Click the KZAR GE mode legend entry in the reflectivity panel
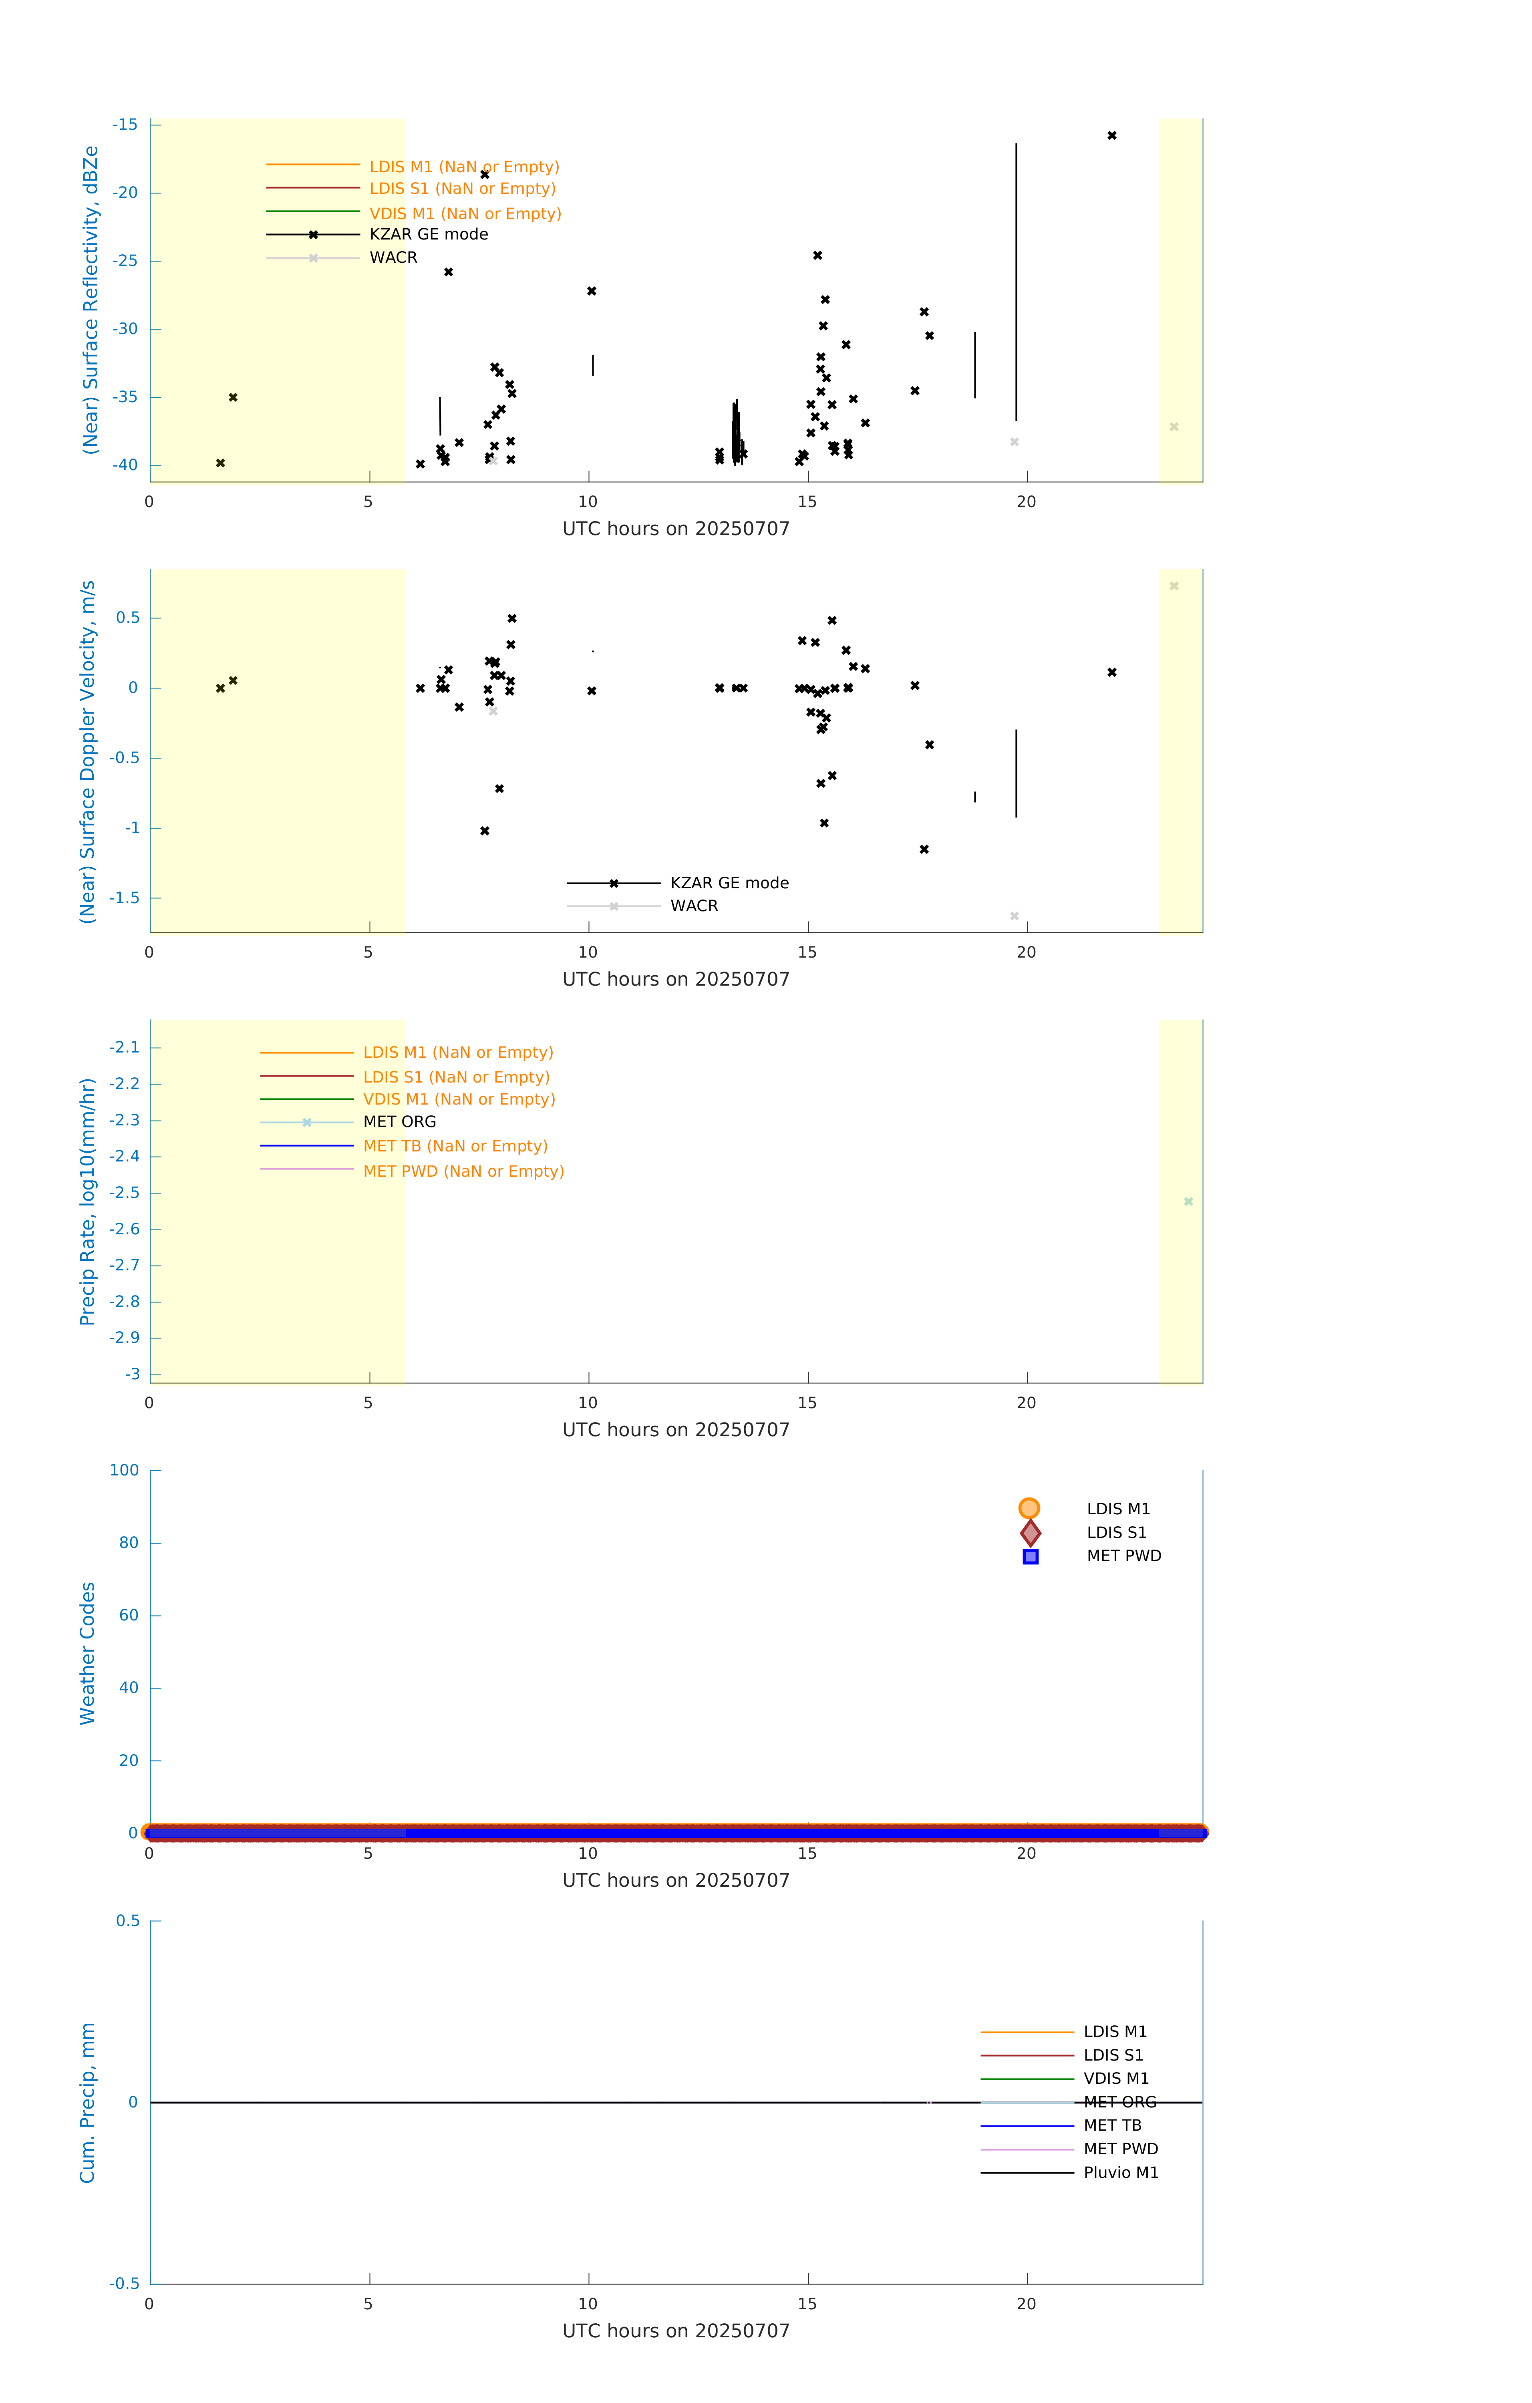click(x=428, y=235)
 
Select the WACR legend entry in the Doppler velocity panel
click(x=694, y=906)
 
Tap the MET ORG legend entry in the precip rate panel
click(x=399, y=1122)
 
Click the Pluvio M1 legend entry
click(x=1120, y=2172)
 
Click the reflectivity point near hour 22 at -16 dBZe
click(x=1112, y=136)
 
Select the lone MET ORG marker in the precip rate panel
click(x=1188, y=1201)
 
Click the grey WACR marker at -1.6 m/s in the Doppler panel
click(x=1014, y=916)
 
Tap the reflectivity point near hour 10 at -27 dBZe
click(x=592, y=292)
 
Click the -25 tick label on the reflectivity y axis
click(x=125, y=260)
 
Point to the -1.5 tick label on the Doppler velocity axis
click(x=125, y=898)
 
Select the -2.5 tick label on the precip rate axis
click(x=125, y=1193)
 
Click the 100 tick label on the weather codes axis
click(x=125, y=1470)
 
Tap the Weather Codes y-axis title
click(x=88, y=1652)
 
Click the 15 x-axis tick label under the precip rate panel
click(x=806, y=1402)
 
